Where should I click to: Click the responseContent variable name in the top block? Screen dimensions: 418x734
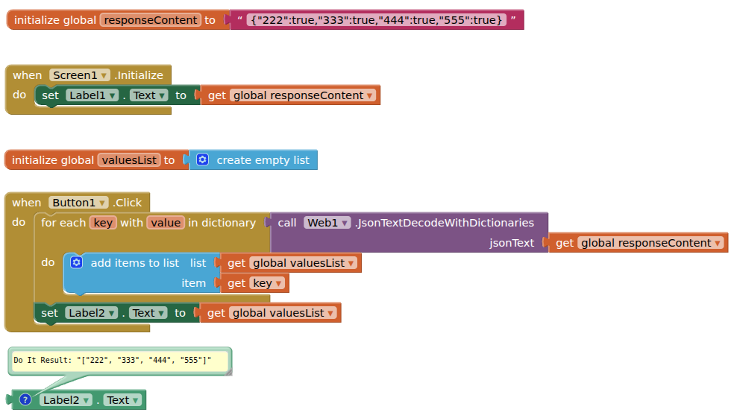150,20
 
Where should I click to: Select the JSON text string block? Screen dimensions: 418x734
377,20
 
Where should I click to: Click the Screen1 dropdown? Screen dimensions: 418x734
80,75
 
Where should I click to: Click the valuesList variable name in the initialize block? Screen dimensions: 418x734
128,160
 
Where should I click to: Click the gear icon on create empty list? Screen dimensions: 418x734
203,159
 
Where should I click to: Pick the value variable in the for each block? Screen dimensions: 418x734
165,223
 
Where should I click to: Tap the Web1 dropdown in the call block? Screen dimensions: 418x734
327,223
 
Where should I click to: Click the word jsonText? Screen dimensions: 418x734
512,243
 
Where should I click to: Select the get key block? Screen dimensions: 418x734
254,283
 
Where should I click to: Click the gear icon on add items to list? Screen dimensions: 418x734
76,263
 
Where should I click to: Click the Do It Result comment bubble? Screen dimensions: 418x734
119,361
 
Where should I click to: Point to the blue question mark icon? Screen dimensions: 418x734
25,400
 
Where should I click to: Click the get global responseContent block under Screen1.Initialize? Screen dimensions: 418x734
291,95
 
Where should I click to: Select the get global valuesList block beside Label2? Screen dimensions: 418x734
271,313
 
